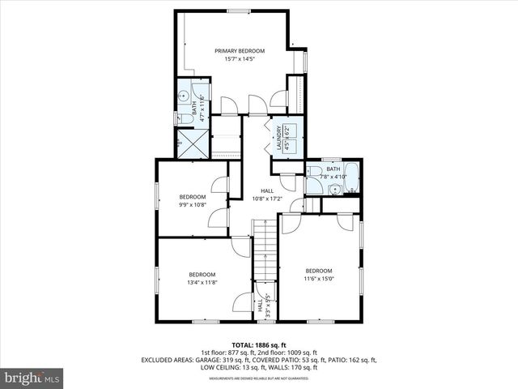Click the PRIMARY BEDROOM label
coord(240,51)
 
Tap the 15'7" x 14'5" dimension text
coord(240,58)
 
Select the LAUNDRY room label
coord(278,137)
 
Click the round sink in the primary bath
coord(184,96)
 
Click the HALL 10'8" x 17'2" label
coord(266,194)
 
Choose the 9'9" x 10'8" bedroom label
coord(192,200)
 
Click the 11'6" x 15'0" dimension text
coord(318,278)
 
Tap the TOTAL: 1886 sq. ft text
coord(258,345)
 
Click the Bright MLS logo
coord(32,378)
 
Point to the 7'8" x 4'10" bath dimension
coord(333,176)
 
